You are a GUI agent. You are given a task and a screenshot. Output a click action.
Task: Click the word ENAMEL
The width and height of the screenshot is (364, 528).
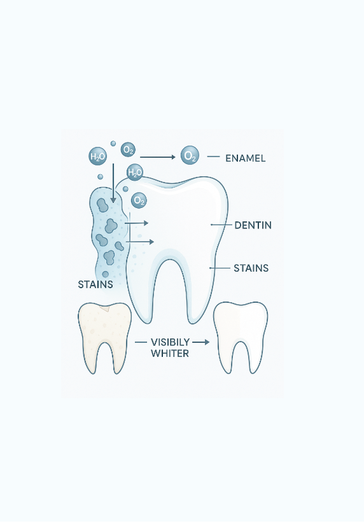[x=245, y=158]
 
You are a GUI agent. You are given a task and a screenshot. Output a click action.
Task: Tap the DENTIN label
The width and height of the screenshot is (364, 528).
[x=253, y=225]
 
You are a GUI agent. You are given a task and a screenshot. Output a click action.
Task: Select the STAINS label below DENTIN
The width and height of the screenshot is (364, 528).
[x=251, y=268]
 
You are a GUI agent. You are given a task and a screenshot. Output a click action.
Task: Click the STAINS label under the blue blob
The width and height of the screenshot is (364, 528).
[x=95, y=284]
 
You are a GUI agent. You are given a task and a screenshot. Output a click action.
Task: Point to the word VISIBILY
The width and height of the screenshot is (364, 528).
[x=170, y=342]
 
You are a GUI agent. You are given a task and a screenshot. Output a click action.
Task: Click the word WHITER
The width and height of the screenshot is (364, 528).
[x=170, y=353]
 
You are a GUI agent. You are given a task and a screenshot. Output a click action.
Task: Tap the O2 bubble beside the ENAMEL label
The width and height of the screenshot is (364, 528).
[x=190, y=156]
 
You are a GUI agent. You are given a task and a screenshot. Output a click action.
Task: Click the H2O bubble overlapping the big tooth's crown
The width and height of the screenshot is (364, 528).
[x=135, y=172]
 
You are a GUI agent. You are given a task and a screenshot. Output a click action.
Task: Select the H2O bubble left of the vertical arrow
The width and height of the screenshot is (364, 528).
[x=97, y=156]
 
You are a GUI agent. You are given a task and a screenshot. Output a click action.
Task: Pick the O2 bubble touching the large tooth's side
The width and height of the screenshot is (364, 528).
[x=139, y=200]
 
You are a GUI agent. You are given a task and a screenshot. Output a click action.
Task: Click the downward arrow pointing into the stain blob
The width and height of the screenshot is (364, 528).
[x=113, y=183]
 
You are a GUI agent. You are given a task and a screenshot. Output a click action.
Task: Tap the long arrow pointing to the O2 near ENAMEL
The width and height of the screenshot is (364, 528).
[x=158, y=157]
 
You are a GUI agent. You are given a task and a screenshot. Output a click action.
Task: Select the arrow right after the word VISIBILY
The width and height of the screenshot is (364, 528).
[x=200, y=342]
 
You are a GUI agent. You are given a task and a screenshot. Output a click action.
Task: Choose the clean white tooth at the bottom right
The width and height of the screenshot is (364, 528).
[x=241, y=337]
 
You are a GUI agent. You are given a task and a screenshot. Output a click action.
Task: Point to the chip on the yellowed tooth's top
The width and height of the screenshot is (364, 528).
[x=106, y=308]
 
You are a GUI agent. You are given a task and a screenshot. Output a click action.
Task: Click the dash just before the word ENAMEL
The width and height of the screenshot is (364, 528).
[x=213, y=156]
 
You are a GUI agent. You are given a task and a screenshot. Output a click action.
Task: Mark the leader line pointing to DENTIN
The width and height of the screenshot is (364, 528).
[x=221, y=225]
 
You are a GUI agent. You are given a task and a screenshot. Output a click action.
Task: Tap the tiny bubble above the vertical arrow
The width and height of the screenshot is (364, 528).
[x=113, y=144]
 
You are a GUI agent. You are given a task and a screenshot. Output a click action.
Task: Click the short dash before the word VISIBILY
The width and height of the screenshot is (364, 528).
[x=141, y=342]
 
